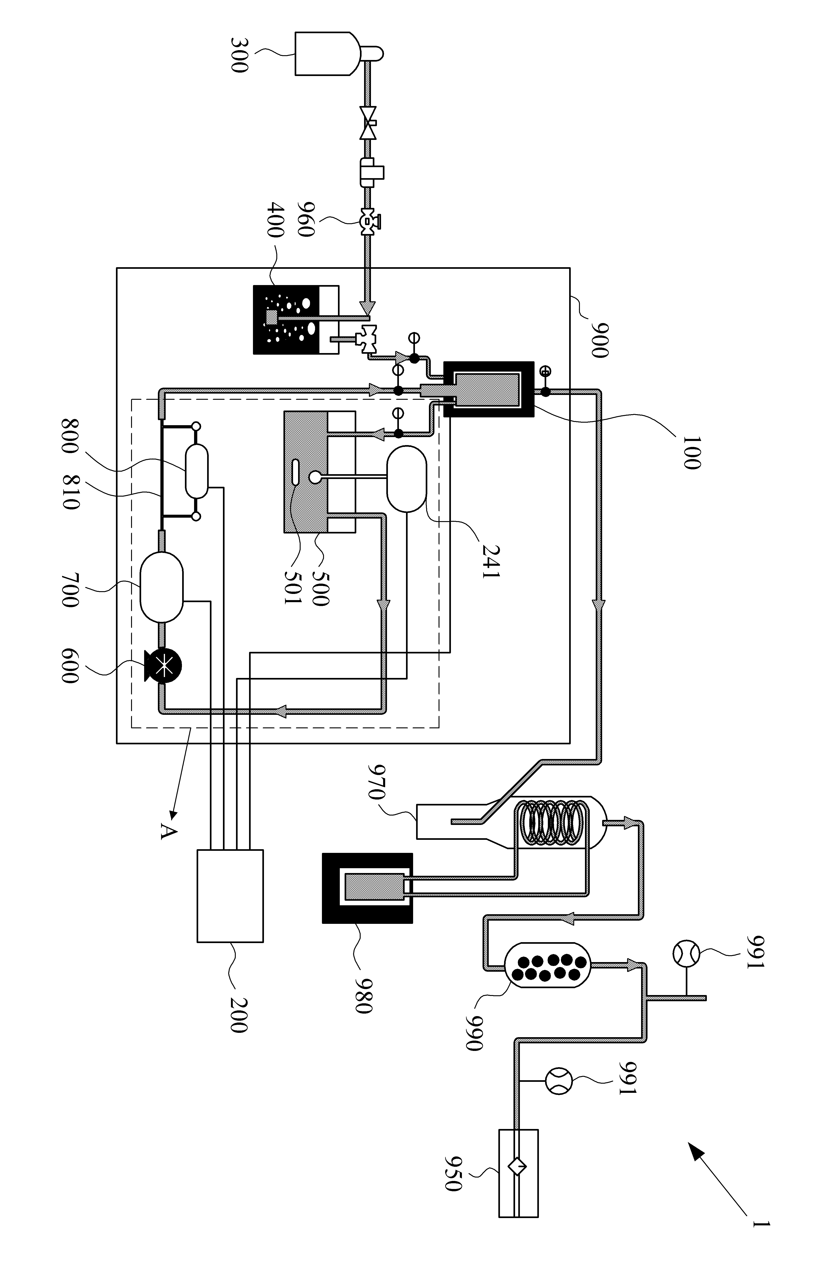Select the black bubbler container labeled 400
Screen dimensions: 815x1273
[x=296, y=319]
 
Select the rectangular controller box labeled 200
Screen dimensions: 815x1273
[x=230, y=895]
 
